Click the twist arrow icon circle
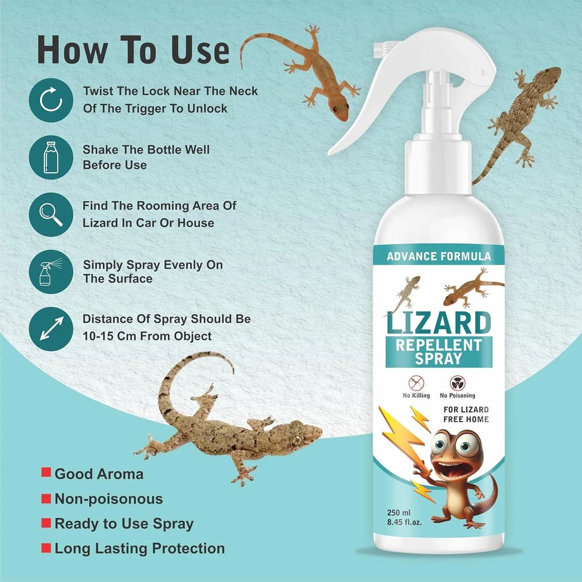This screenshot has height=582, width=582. [x=48, y=99]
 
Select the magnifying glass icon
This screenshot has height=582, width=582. [x=48, y=214]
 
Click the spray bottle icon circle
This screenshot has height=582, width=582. [x=48, y=271]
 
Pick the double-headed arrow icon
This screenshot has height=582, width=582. [x=48, y=329]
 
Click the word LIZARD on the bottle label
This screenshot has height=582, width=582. [x=438, y=322]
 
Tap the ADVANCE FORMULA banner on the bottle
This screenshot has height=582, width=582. [x=438, y=256]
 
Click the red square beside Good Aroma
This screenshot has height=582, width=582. [x=45, y=473]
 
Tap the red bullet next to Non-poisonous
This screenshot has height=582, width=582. [x=45, y=499]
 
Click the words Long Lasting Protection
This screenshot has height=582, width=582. [x=139, y=548]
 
